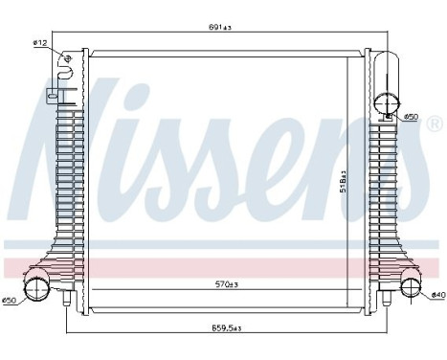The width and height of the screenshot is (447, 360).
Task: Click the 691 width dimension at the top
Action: click(x=220, y=27)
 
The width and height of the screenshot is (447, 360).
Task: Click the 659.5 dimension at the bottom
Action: click(x=227, y=328)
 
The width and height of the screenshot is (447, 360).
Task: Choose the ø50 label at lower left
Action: click(x=11, y=301)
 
